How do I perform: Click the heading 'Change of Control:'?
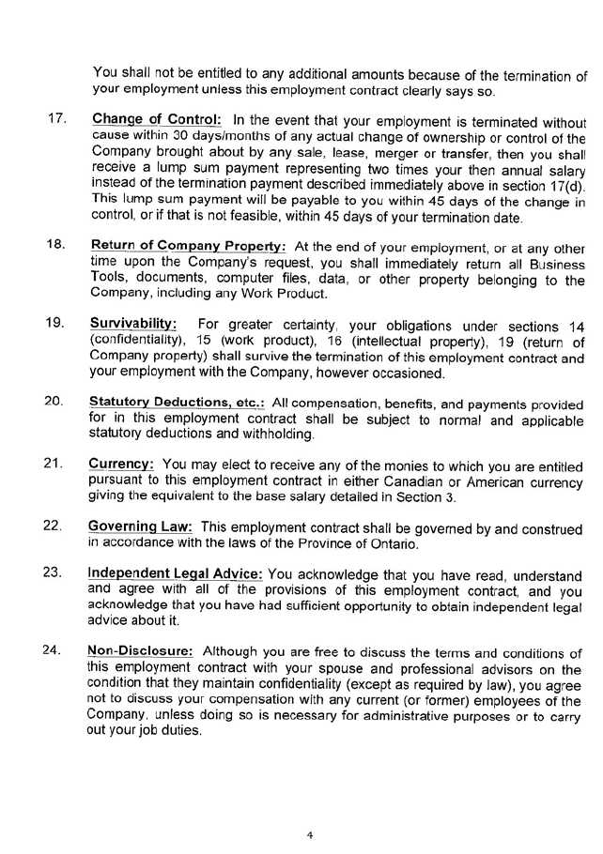coord(156,120)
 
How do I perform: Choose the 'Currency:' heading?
coord(122,464)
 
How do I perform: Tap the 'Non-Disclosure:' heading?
coord(141,650)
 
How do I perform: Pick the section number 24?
coord(54,650)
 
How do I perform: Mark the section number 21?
coord(54,464)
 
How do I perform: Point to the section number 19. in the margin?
coord(54,324)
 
